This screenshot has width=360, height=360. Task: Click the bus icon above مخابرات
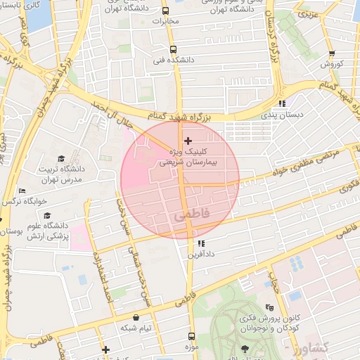[x=165, y=11]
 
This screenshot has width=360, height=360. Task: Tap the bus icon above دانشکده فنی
[x=173, y=50]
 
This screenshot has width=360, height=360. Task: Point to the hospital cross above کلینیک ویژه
[x=187, y=141]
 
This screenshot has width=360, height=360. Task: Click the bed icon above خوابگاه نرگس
[x=22, y=191]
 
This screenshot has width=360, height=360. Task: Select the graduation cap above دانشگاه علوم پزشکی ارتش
[x=46, y=215]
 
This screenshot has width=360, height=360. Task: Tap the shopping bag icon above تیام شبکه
[x=135, y=318]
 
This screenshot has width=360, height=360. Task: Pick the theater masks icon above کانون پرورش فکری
[x=270, y=308]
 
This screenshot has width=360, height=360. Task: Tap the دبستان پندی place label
[x=281, y=114]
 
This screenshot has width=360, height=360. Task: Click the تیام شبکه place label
[x=136, y=328]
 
